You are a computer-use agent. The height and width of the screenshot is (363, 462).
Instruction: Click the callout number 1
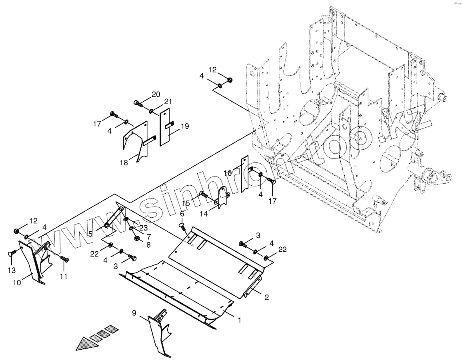point(239,320)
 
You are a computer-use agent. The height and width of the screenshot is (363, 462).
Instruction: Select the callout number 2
point(266,297)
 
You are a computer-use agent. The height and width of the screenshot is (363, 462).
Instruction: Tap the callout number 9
point(134,313)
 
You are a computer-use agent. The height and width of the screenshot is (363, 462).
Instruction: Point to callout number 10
point(17,283)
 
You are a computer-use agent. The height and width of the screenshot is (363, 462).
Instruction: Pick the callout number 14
point(204,214)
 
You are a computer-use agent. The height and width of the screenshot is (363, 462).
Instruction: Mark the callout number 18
point(124,163)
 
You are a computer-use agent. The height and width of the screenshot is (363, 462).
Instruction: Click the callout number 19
point(184,126)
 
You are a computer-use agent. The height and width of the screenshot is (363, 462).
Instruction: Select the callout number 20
point(156,94)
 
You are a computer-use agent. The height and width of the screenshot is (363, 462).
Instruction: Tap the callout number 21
point(168,101)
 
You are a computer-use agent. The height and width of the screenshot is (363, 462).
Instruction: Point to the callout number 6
point(182,214)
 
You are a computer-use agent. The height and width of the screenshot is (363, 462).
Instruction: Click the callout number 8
point(148,245)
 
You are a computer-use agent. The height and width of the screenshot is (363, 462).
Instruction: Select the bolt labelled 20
point(138,103)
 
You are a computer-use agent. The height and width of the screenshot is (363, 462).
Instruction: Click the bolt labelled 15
point(203,195)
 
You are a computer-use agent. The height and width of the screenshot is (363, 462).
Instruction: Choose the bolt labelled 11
point(64,259)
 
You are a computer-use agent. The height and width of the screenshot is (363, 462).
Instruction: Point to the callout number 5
point(90,233)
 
